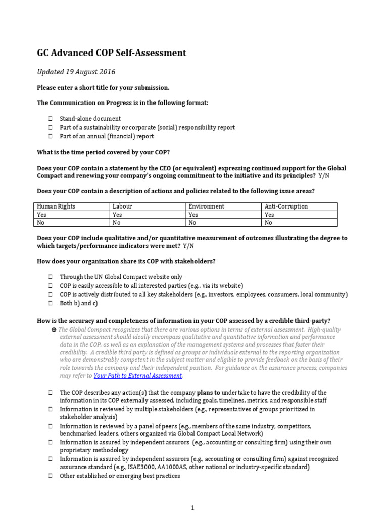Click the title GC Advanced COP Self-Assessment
[x=112, y=53]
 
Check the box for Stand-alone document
[x=51, y=119]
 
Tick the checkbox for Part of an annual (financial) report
[x=51, y=136]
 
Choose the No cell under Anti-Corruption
[x=268, y=222]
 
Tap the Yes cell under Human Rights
[x=42, y=214]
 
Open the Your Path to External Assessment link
[x=137, y=376]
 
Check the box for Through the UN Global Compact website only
[x=51, y=277]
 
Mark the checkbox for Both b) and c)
[x=51, y=303]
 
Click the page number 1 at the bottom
[x=192, y=508]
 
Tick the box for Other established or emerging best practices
[x=51, y=476]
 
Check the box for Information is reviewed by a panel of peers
[x=51, y=426]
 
